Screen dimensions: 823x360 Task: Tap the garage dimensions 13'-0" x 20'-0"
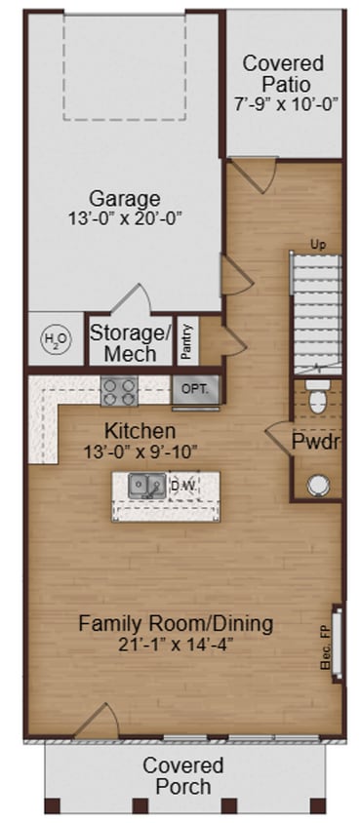(x=124, y=218)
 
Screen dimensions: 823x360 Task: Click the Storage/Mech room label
(x=130, y=341)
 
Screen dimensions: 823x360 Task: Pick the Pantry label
(x=187, y=341)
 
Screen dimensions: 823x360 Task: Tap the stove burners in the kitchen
(x=120, y=391)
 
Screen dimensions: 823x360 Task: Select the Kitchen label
(x=140, y=430)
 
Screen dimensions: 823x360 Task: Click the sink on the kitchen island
(x=147, y=486)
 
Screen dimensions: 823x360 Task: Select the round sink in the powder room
(x=317, y=484)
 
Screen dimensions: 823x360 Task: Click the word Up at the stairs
(x=317, y=244)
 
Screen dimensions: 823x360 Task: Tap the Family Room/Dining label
(x=176, y=623)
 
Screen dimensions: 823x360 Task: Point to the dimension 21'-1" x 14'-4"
(x=176, y=645)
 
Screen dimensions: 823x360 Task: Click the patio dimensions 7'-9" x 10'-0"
(x=283, y=103)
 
